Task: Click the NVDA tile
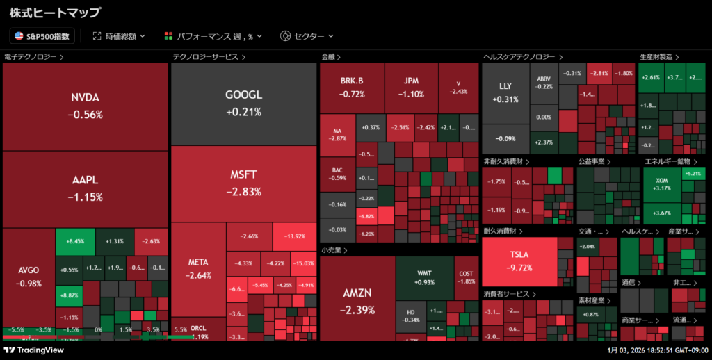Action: pos(86,106)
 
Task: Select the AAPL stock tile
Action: pos(86,188)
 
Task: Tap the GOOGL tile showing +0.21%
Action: pos(243,103)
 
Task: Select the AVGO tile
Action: pos(29,277)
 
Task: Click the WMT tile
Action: pos(424,277)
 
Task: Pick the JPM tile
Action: pos(411,87)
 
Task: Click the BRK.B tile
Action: pos(352,87)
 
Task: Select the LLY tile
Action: pos(505,92)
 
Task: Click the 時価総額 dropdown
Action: pos(120,35)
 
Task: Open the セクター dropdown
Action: pos(307,35)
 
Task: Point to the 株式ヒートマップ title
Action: pos(54,12)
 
